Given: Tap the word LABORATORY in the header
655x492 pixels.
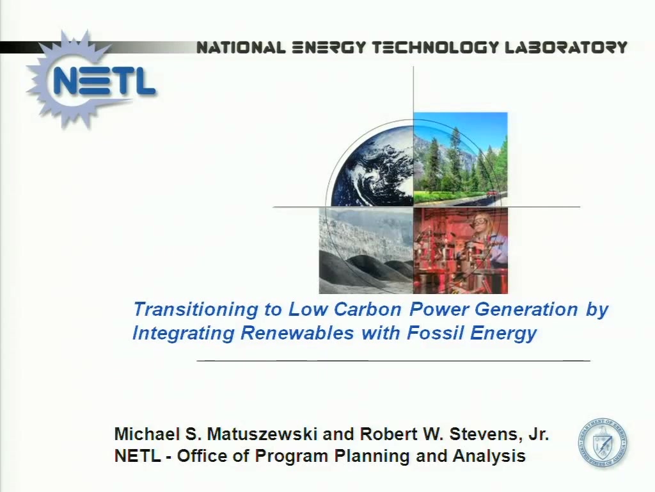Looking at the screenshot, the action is [566, 47].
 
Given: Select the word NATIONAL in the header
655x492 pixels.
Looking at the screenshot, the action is [241, 47].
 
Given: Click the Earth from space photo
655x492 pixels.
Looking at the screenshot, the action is [372, 164].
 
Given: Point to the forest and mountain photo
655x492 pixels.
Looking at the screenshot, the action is [461, 159].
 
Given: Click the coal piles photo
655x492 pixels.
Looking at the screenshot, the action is [367, 250].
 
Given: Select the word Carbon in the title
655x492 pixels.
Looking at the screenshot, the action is [367, 309].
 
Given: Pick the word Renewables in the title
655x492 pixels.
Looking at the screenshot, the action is [297, 333].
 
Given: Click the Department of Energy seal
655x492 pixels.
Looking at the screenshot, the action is [602, 443].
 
